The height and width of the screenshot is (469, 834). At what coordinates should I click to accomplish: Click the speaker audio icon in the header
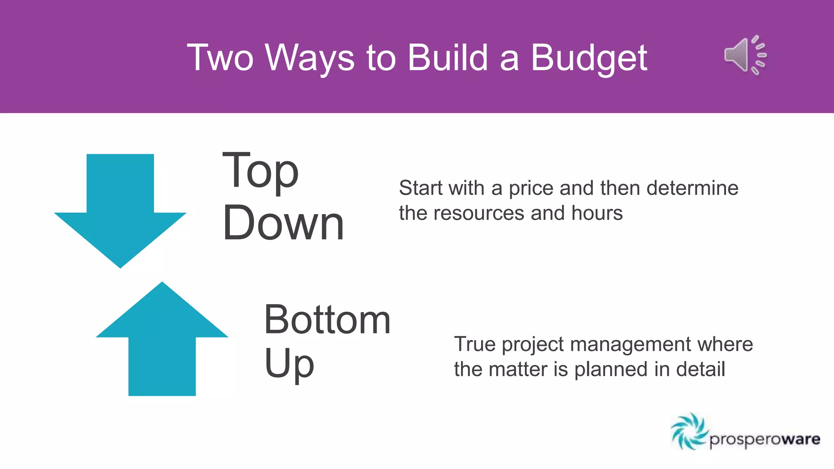point(745,55)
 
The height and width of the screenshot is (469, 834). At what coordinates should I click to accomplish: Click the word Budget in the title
point(589,58)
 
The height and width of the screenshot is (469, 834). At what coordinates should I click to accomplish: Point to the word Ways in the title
point(310,58)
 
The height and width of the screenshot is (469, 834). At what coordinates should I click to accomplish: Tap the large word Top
point(261,171)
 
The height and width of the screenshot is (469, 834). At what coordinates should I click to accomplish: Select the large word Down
point(283,223)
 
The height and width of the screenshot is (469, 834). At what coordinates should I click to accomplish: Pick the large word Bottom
point(327,320)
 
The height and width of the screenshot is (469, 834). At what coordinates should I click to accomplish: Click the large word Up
point(289,363)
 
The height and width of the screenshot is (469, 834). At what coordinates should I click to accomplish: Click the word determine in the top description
point(692,188)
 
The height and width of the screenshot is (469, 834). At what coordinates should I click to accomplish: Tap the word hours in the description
point(597,213)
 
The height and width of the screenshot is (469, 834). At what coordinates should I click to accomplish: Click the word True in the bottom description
point(475,344)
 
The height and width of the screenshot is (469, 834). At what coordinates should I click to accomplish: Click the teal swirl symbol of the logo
point(689,432)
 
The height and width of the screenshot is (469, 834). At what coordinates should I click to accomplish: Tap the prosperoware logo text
point(765,440)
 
